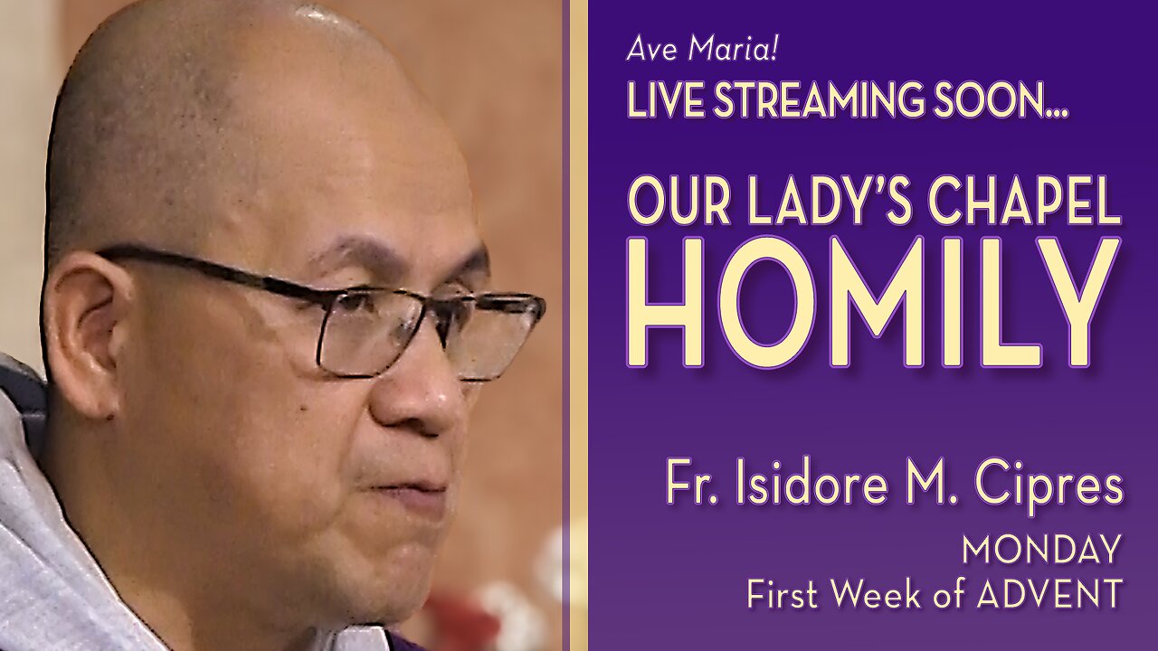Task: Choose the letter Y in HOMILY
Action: point(1077,304)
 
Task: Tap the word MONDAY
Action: point(1040,549)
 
